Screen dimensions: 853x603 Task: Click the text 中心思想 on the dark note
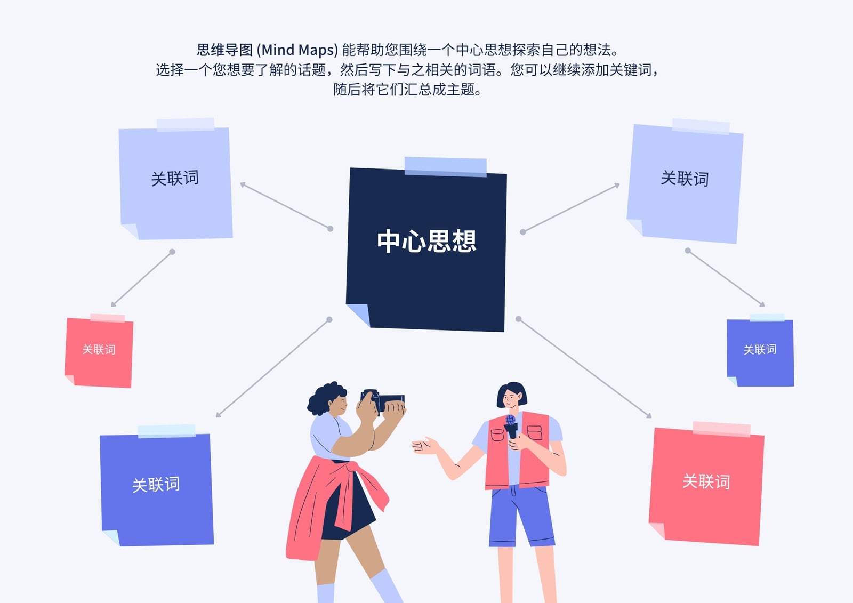pyautogui.click(x=426, y=241)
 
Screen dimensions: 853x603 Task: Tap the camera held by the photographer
pyautogui.click(x=383, y=400)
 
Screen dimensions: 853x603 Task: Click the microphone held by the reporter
pyautogui.click(x=511, y=427)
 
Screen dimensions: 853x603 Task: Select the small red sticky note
pyautogui.click(x=99, y=351)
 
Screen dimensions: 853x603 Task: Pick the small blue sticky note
pyautogui.click(x=760, y=351)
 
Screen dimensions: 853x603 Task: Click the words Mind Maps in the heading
pyautogui.click(x=297, y=50)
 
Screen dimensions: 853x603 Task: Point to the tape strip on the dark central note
pyautogui.click(x=446, y=167)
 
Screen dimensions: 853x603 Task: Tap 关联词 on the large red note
pyautogui.click(x=706, y=481)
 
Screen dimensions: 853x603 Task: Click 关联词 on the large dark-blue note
pyautogui.click(x=156, y=485)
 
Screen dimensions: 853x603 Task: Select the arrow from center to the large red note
pyautogui.click(x=585, y=368)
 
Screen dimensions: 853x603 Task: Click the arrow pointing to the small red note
pyautogui.click(x=142, y=279)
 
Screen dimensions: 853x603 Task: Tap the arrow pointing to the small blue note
pyautogui.click(x=726, y=278)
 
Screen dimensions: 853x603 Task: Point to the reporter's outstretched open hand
pyautogui.click(x=425, y=446)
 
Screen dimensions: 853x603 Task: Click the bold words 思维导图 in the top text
pyautogui.click(x=224, y=50)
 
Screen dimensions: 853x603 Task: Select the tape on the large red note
pyautogui.click(x=721, y=429)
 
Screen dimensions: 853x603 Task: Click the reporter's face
pyautogui.click(x=511, y=398)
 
